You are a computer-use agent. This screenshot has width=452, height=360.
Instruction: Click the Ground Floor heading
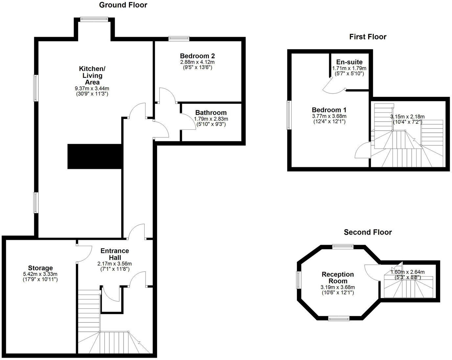point(123,5)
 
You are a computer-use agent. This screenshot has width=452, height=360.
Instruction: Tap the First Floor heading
point(368,37)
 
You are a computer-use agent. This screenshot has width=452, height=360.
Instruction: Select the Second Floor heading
point(368,233)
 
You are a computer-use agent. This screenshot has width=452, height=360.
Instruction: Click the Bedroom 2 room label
point(197,56)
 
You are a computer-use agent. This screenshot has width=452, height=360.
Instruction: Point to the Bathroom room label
point(211,113)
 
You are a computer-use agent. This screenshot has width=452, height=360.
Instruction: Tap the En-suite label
point(349,62)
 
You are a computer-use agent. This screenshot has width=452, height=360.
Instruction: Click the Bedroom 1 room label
point(329,110)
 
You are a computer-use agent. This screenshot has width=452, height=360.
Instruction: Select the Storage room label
point(40,268)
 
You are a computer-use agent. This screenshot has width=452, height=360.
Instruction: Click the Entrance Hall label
point(114,254)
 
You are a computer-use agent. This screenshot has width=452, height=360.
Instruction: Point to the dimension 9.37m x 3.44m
point(92,88)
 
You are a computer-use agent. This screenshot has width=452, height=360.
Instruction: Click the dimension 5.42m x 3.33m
point(40,274)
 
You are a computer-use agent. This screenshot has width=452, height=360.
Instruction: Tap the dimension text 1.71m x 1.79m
point(349,68)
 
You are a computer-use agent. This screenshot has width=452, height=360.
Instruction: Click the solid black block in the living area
point(95,157)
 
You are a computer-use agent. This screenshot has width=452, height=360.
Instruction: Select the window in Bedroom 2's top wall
point(179,39)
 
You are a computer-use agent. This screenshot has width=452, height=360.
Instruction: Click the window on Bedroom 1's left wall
point(289,115)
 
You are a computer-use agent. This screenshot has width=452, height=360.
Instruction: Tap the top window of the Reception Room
point(343,246)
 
